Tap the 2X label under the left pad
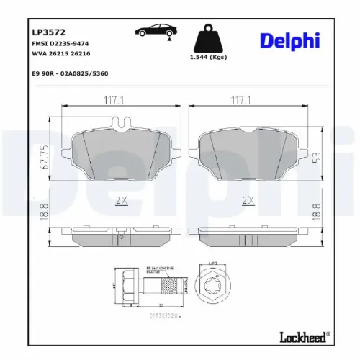tap(121, 200)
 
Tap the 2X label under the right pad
tap(249, 200)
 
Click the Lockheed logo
tap(303, 336)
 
